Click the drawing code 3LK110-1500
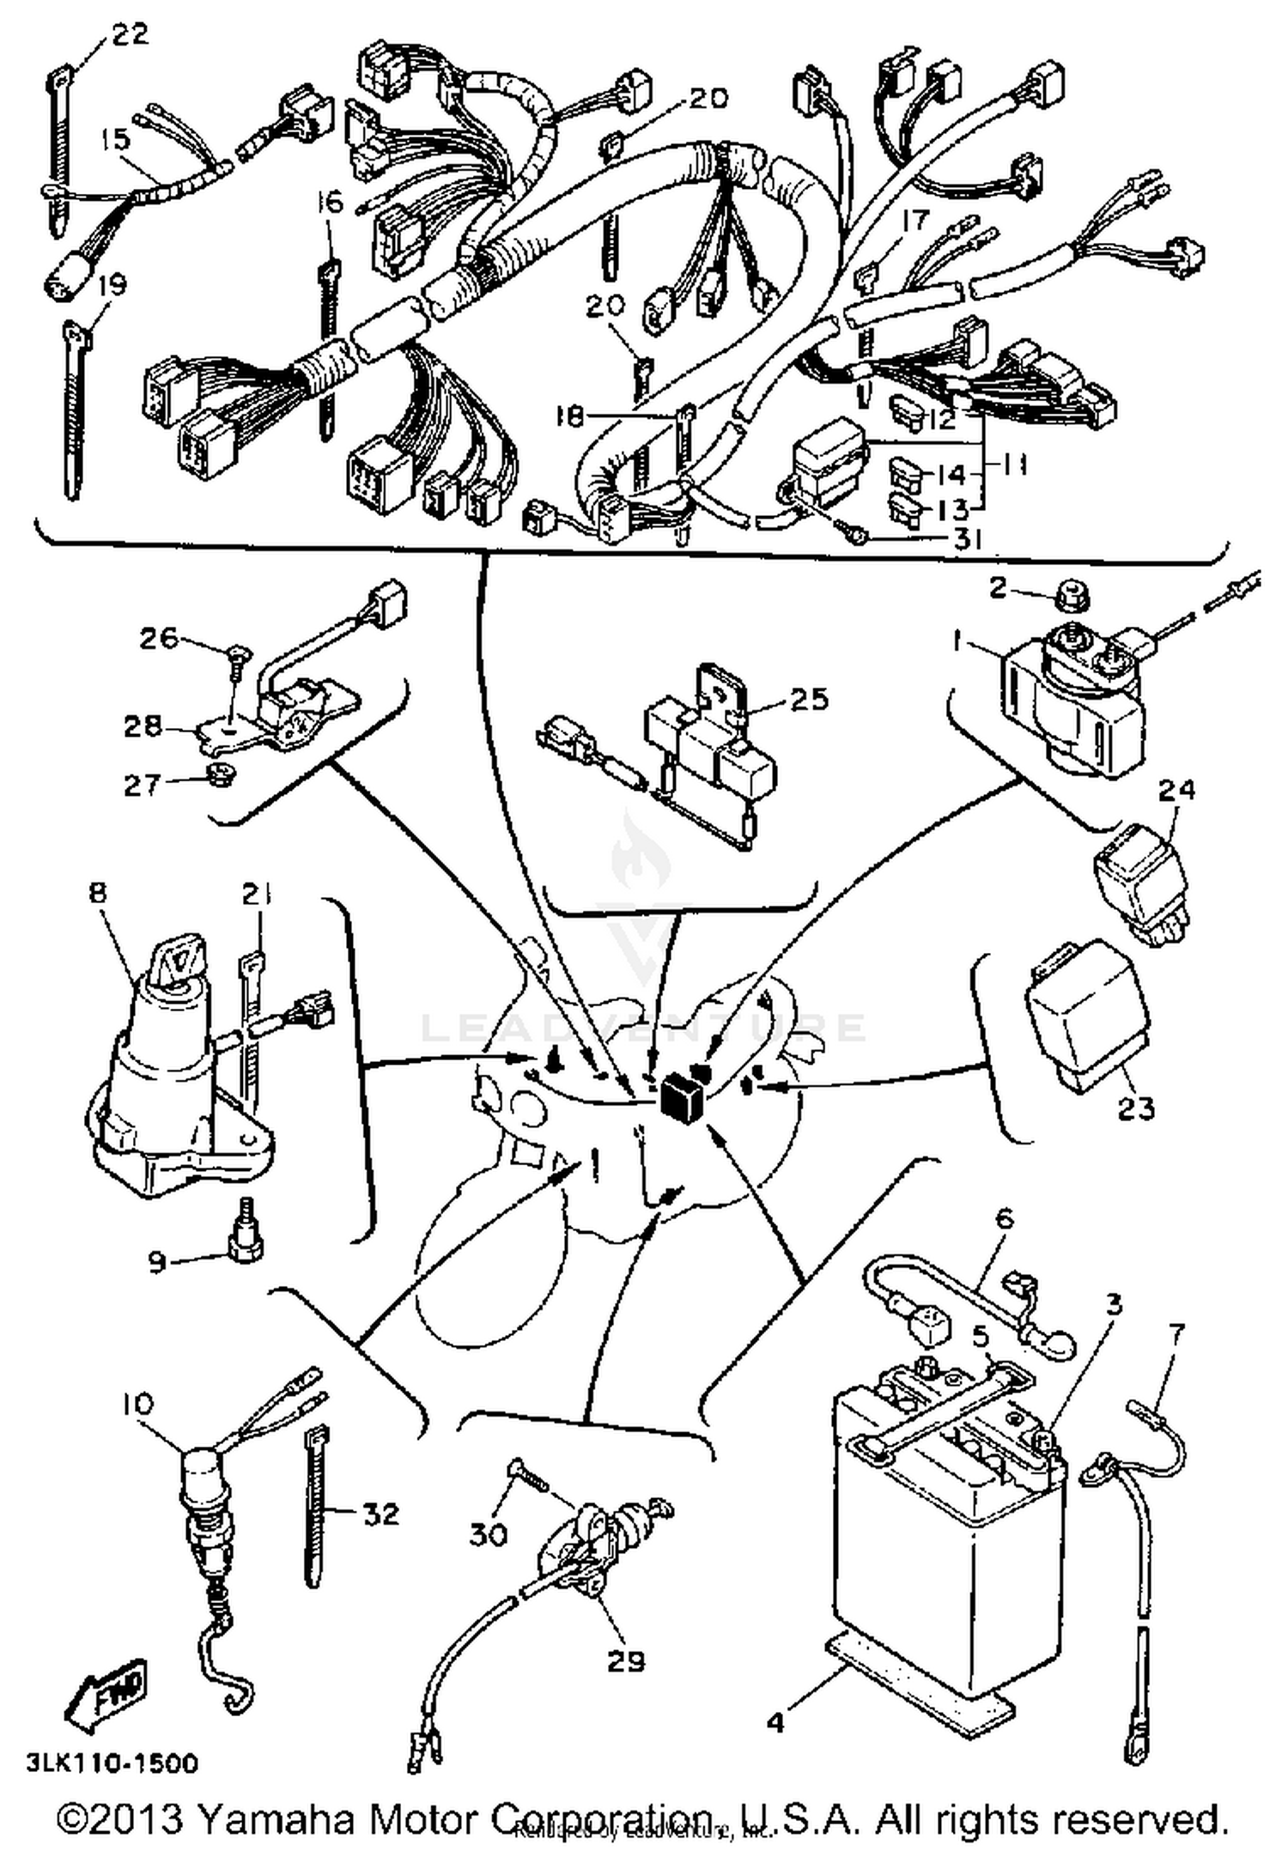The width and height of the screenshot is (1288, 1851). point(112,1763)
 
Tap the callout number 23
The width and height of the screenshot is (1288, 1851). point(1136,1108)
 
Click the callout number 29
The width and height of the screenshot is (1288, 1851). point(625,1660)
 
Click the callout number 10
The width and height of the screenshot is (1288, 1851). point(137,1405)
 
